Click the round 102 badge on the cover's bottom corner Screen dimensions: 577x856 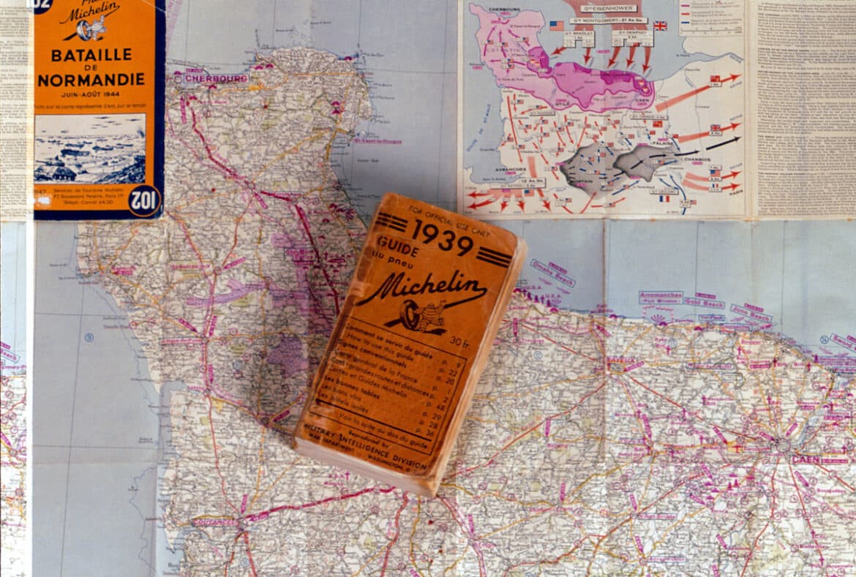click(143, 200)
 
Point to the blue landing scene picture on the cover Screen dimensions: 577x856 click(89, 148)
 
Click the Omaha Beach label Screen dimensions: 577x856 click(553, 272)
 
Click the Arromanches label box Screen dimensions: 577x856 click(661, 297)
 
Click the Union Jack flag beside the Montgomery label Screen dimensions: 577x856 click(660, 26)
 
